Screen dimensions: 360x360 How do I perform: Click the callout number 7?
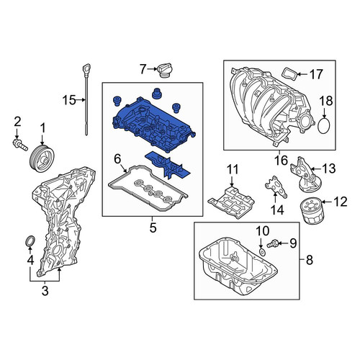click(143, 69)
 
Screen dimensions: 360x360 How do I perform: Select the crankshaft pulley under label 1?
click(42, 158)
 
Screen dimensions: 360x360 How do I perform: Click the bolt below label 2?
click(20, 143)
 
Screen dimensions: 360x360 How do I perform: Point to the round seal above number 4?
click(30, 241)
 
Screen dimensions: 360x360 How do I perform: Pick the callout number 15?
click(69, 100)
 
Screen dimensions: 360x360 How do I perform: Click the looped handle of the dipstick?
click(86, 68)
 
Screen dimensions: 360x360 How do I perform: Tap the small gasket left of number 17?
click(289, 74)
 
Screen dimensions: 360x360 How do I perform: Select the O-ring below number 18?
click(324, 124)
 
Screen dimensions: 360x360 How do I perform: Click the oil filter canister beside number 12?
click(312, 210)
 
